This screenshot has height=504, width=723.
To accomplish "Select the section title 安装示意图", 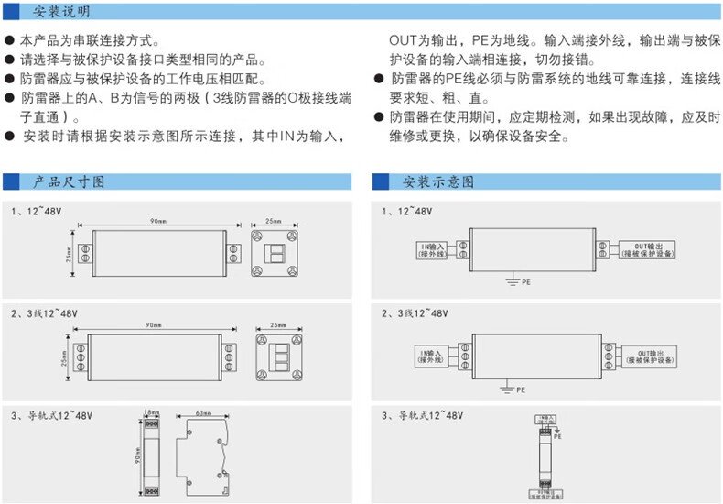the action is (x=438, y=181).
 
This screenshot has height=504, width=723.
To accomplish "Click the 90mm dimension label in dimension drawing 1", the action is (x=157, y=222).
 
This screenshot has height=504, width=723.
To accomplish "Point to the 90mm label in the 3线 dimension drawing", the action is (x=152, y=326).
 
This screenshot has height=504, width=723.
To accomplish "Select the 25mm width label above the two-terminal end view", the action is (x=273, y=222).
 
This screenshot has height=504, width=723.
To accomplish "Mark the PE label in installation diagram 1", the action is (x=525, y=282).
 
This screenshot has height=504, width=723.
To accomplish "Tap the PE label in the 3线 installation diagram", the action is (x=521, y=389).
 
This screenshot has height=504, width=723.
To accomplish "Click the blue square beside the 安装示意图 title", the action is (x=383, y=181).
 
